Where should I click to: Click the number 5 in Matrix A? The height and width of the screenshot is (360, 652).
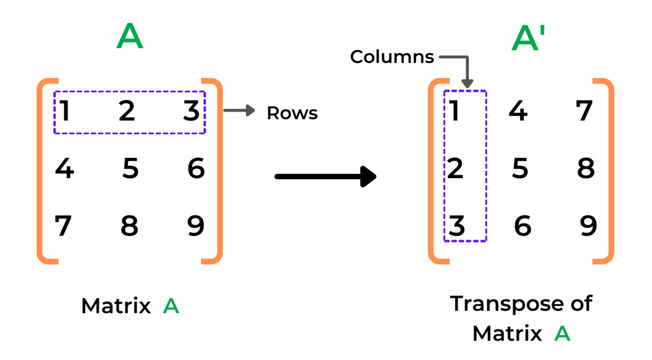130,169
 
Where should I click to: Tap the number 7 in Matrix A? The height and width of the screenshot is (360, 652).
63,226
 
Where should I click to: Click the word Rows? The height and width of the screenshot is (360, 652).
292,113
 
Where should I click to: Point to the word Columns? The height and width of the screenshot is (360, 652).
392,57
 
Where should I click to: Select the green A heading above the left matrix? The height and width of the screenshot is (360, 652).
130,38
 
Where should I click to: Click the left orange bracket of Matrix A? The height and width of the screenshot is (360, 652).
45,171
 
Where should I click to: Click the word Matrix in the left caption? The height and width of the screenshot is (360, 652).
115,306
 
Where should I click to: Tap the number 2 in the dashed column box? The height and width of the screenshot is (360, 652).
455,169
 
